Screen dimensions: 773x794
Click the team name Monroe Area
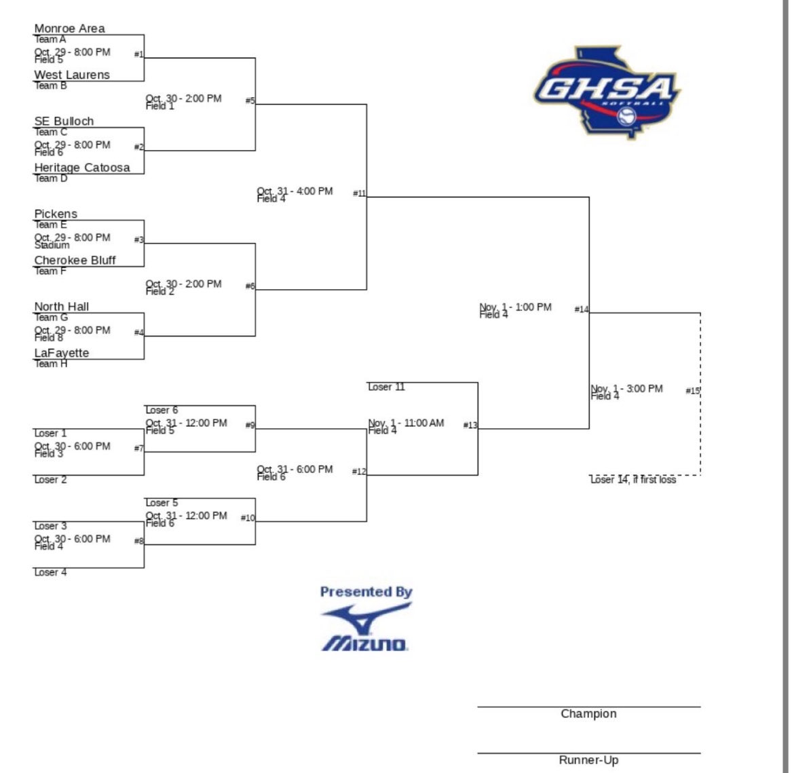click(69, 29)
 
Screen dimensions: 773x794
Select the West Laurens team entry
click(72, 75)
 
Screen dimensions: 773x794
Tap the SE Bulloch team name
click(64, 121)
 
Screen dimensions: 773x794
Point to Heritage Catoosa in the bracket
click(82, 168)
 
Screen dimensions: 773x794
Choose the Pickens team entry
click(56, 214)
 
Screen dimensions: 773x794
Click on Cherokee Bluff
click(75, 261)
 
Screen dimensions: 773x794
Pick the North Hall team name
click(61, 307)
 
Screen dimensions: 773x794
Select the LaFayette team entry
click(62, 353)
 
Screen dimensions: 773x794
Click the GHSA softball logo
click(606, 92)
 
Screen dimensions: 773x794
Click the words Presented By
click(366, 592)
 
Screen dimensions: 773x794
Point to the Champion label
click(588, 714)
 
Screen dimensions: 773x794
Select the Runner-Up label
click(588, 760)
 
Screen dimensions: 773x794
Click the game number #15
click(692, 391)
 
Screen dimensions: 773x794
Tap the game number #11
click(359, 193)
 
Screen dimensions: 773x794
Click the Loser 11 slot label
click(386, 387)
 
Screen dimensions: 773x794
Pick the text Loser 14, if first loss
click(633, 480)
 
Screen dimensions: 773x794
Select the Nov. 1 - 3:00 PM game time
click(626, 389)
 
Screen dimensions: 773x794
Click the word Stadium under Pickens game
click(52, 246)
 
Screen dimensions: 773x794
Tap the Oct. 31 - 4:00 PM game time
click(295, 191)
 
